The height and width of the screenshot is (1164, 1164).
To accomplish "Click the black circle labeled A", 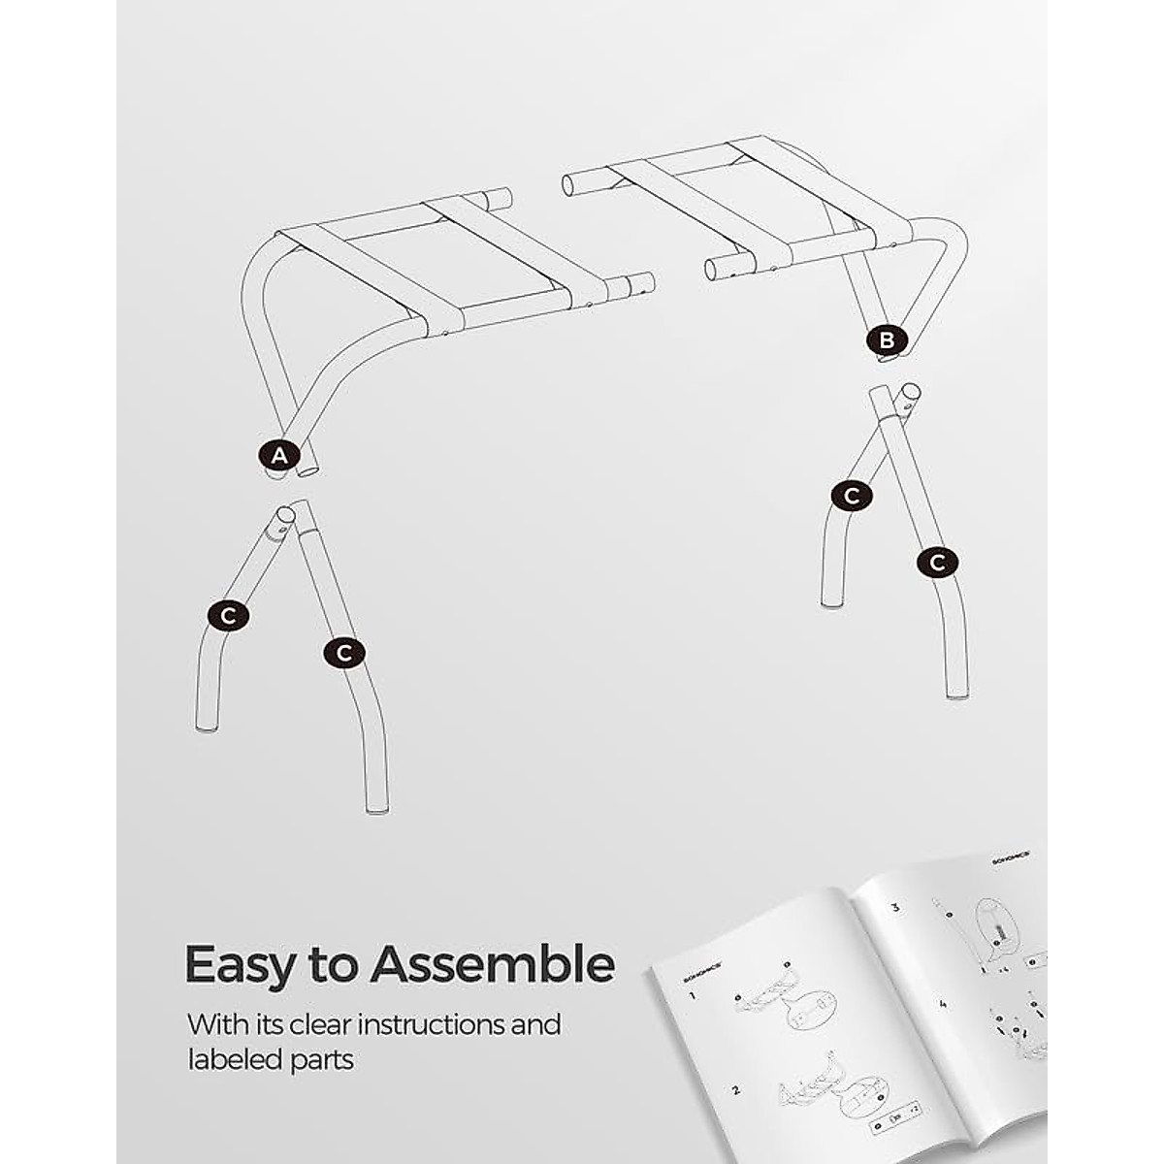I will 279,455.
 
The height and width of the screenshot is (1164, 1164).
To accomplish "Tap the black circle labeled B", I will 887,340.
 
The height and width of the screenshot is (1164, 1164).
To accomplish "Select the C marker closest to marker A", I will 228,615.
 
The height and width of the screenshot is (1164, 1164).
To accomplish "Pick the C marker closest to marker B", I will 852,496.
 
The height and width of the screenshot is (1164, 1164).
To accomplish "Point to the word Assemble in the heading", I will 492,964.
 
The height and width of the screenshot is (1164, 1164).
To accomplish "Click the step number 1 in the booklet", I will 693,996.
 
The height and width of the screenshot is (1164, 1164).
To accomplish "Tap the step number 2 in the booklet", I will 735,1089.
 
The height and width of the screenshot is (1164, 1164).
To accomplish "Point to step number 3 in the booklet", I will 894,909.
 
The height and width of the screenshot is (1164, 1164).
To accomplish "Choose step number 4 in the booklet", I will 942,1004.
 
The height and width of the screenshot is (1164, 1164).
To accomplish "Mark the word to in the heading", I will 334,966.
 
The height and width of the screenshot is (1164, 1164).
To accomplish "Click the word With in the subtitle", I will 213,1024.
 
